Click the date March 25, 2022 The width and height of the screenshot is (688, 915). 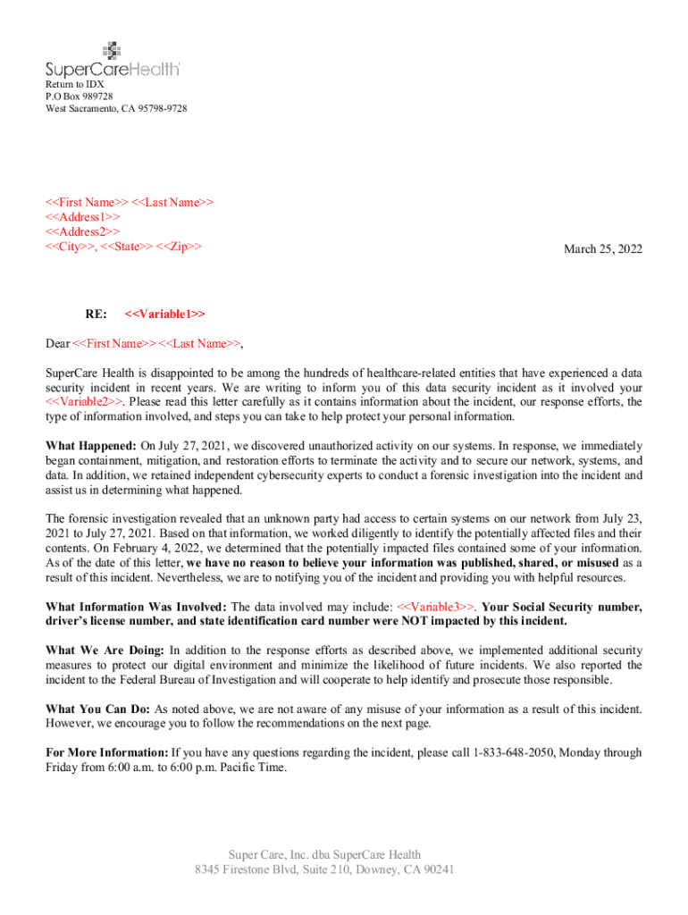[602, 249]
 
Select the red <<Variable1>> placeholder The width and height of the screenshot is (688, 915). [165, 314]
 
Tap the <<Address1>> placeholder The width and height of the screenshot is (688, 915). [83, 216]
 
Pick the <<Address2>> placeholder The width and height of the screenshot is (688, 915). [83, 231]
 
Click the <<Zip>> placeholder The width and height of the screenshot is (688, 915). [179, 245]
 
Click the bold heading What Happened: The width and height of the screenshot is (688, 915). [91, 445]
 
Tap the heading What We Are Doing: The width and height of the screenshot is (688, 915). [105, 651]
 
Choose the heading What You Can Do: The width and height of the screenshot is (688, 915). [98, 709]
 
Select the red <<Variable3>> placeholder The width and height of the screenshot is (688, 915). [438, 607]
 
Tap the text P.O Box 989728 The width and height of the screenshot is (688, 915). [80, 97]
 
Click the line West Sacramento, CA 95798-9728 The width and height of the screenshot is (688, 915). [116, 109]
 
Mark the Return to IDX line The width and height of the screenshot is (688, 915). [74, 84]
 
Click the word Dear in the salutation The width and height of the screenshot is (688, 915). [57, 343]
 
